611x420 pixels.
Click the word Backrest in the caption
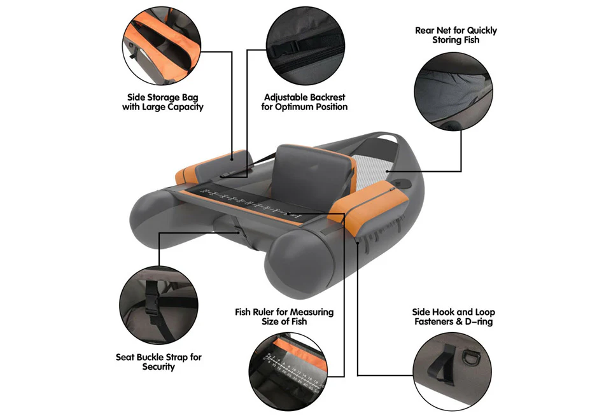tap(327, 97)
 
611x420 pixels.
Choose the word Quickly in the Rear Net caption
tap(481, 30)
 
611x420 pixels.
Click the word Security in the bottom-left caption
tap(158, 367)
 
